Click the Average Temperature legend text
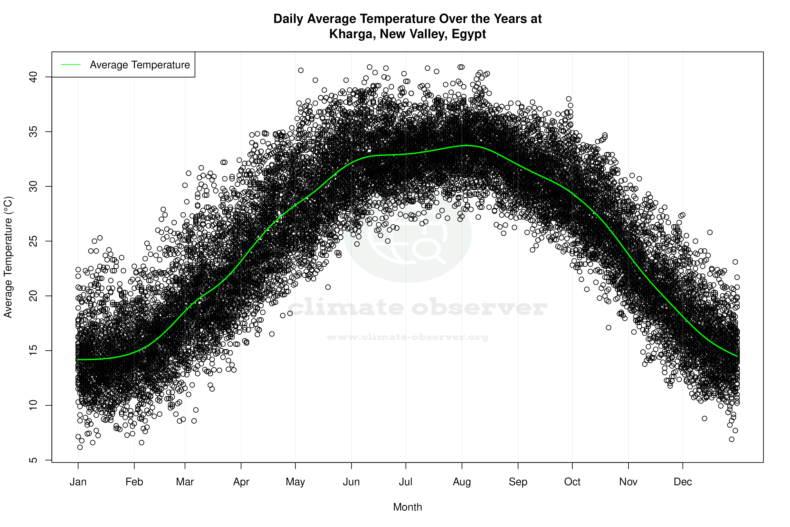tap(140, 65)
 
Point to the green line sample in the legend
tap(71, 65)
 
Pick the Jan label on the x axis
tap(78, 482)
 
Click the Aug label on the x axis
tap(462, 482)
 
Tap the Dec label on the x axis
tap(683, 482)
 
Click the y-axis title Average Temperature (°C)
tap(8, 257)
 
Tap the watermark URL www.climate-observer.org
tap(407, 337)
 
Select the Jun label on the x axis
tap(351, 482)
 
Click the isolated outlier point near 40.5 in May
tap(301, 70)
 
